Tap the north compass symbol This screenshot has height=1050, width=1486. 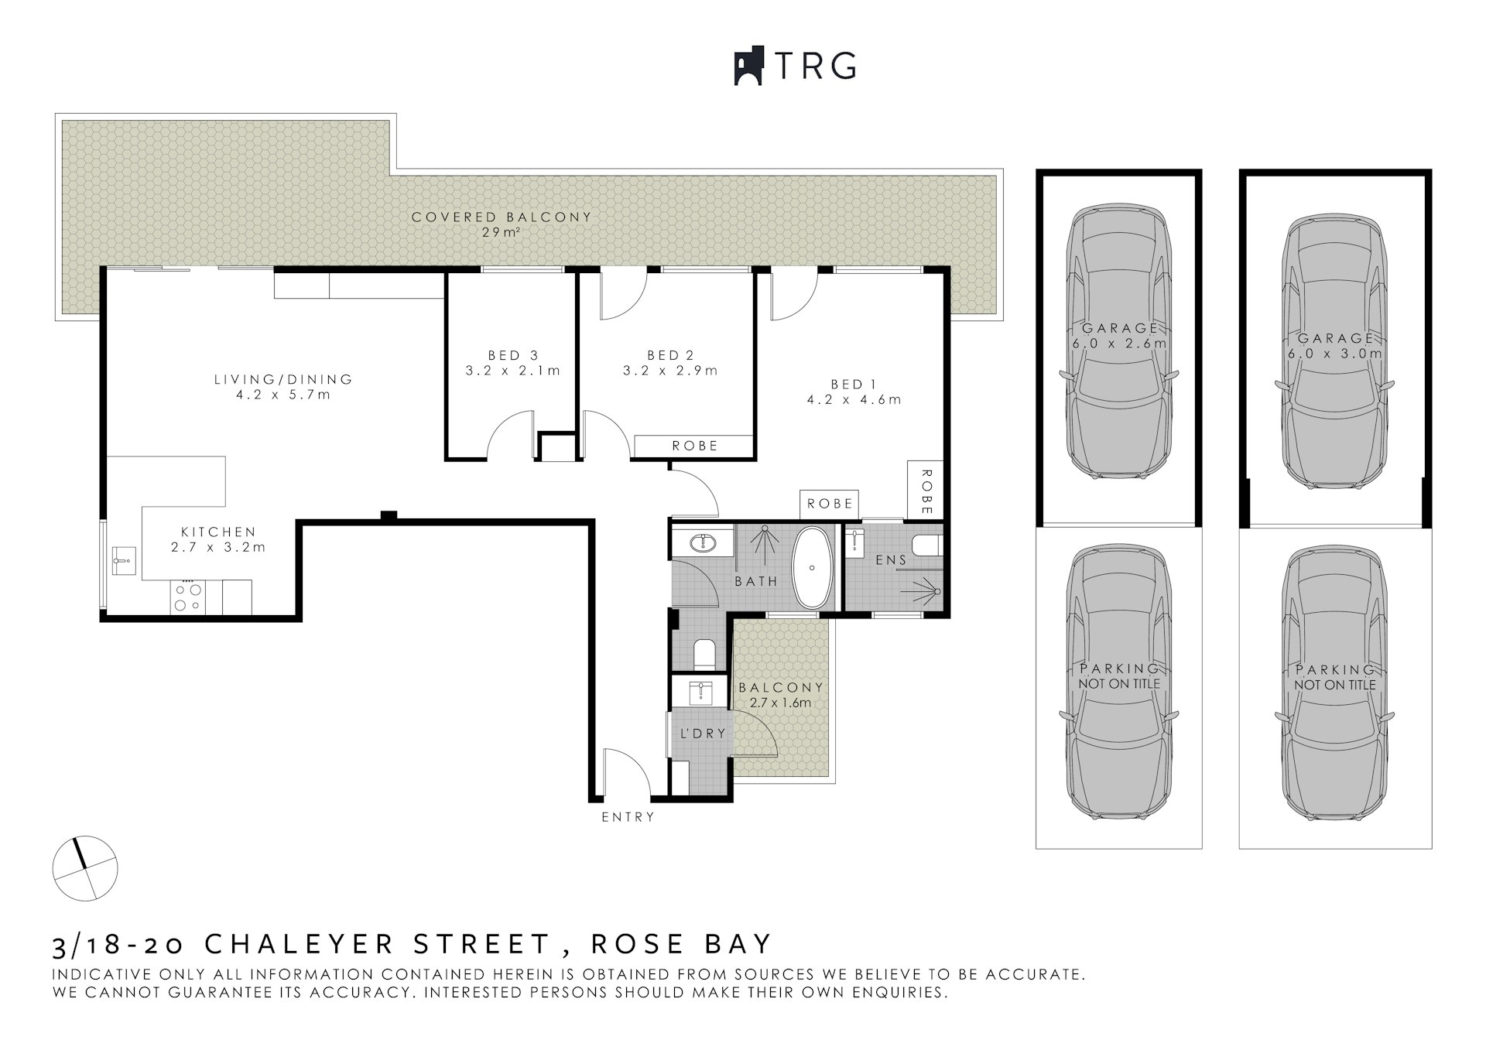tap(85, 868)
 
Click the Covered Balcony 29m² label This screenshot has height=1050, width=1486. tap(501, 224)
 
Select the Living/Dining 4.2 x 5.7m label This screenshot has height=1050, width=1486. tap(283, 387)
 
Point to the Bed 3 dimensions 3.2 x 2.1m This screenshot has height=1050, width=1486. tap(512, 371)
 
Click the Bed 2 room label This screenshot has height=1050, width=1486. tap(670, 355)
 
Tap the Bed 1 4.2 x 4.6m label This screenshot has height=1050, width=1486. tap(854, 392)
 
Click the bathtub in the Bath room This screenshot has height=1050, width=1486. tap(812, 568)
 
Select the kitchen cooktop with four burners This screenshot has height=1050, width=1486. tap(187, 597)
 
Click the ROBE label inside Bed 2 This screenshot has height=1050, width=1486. tap(694, 446)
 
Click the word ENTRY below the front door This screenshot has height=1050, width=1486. tap(628, 816)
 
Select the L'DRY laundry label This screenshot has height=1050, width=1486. tap(703, 733)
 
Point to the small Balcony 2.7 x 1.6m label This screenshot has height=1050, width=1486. tap(780, 695)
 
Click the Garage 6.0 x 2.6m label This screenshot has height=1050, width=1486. tap(1119, 336)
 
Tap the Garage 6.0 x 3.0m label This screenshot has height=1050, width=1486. tap(1334, 346)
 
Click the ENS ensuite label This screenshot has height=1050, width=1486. tap(891, 559)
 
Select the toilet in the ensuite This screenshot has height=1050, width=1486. tap(926, 546)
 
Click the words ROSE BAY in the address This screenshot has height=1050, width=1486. tap(681, 944)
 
